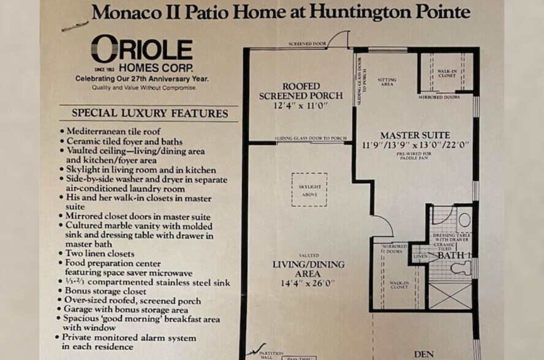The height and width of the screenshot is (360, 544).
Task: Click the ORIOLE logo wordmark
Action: click(x=142, y=49)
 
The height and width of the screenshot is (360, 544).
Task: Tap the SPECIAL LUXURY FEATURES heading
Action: click(x=150, y=113)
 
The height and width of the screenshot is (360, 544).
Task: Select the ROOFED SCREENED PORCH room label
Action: click(x=301, y=91)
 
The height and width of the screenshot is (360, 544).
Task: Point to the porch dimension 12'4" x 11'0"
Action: click(x=301, y=105)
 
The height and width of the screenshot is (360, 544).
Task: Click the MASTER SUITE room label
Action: click(x=415, y=135)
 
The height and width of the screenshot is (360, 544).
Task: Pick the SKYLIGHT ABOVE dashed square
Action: click(x=309, y=189)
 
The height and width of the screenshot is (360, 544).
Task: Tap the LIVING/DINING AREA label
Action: click(x=308, y=269)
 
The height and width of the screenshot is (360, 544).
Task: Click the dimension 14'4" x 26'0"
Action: click(x=308, y=283)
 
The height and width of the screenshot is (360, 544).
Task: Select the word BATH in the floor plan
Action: click(x=450, y=255)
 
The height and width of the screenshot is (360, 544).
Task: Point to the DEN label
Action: click(x=424, y=354)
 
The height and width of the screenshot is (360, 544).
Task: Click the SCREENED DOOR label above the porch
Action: click(x=307, y=45)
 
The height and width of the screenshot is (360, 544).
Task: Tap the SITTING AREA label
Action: click(x=387, y=82)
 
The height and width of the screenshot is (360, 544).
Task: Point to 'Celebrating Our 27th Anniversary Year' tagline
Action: click(x=142, y=79)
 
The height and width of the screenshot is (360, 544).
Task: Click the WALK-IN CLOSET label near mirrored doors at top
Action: click(x=447, y=73)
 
